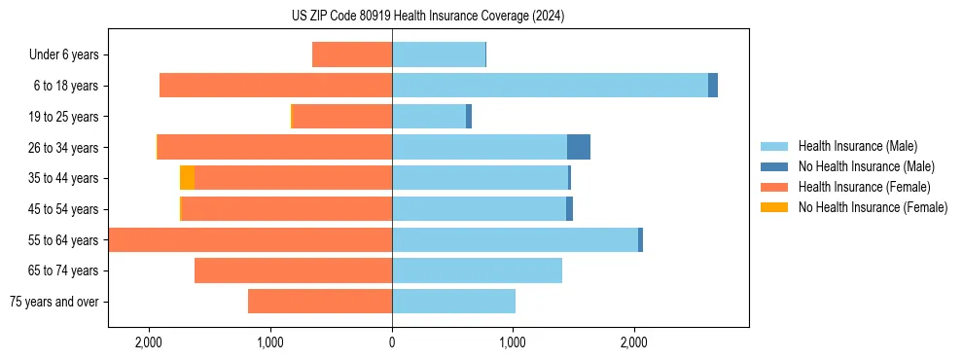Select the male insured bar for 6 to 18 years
(x=550, y=86)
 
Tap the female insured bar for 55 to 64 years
(x=250, y=240)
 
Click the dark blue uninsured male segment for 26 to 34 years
(x=579, y=147)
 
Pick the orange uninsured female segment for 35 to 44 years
(x=187, y=178)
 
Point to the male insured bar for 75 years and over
(x=453, y=302)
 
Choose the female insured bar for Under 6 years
(x=352, y=54)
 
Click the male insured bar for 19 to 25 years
(x=429, y=117)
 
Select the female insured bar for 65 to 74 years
(x=293, y=270)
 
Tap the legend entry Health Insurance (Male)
(x=857, y=146)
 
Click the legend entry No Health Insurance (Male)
(x=866, y=166)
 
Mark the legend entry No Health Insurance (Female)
(x=873, y=207)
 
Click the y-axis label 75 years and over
(x=54, y=302)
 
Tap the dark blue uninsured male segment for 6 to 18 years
(x=713, y=86)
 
